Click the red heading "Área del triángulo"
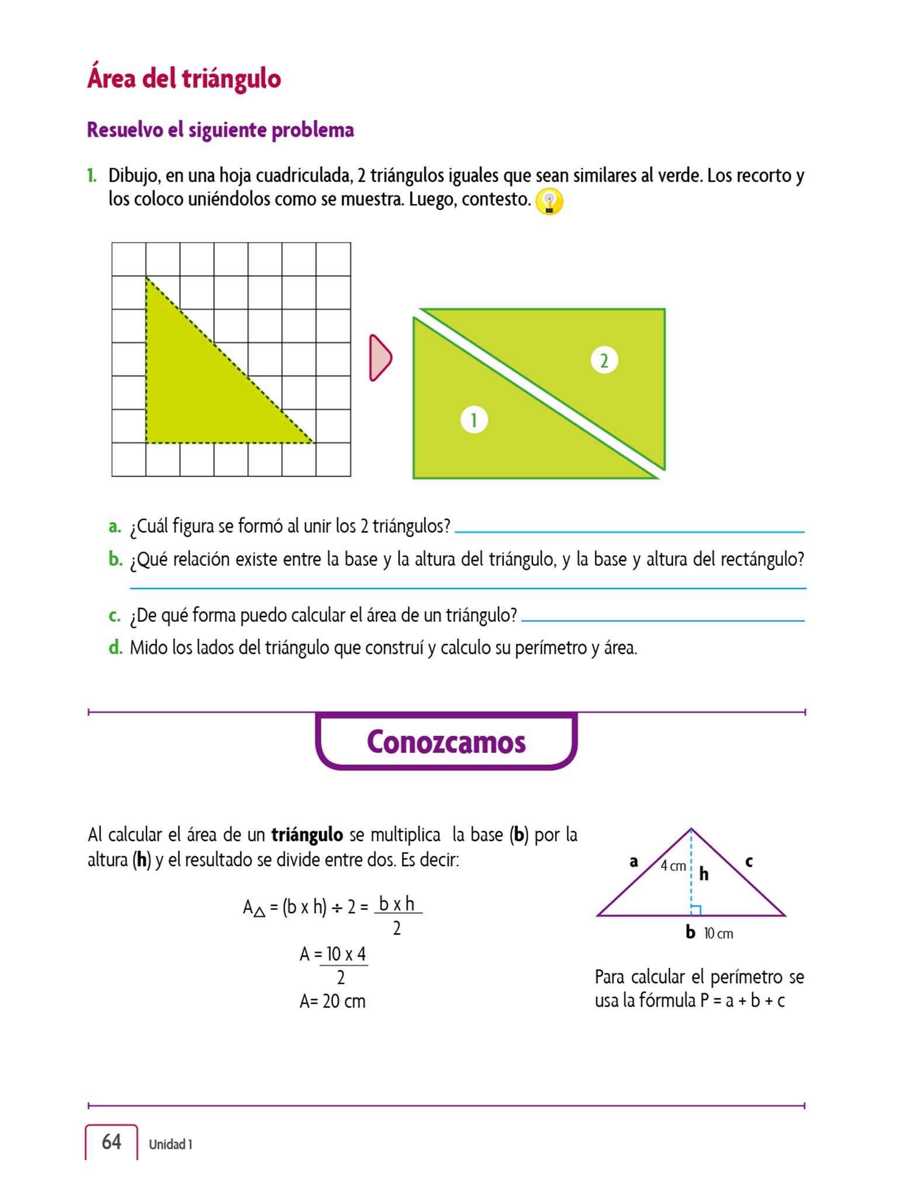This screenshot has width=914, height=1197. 184,78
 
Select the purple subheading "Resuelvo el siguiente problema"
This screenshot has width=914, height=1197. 220,130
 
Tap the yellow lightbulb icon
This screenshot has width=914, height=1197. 549,202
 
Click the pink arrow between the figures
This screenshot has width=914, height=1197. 380,358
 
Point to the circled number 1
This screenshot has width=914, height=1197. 474,420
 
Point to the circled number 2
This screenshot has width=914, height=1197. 604,360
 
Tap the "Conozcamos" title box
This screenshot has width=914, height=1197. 446,742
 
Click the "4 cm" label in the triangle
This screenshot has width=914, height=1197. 673,866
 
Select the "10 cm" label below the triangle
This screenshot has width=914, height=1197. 718,933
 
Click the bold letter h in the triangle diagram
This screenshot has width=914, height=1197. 704,874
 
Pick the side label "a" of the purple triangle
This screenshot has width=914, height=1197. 633,862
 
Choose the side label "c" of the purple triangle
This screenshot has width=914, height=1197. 749,861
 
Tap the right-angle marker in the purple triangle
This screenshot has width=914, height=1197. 695,910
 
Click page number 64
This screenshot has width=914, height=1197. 112,1141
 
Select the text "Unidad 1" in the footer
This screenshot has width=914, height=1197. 170,1144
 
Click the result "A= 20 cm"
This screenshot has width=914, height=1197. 333,1001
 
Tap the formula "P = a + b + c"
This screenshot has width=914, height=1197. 742,1001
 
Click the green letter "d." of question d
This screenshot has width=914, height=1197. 115,648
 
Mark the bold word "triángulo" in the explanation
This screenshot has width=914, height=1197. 307,835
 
